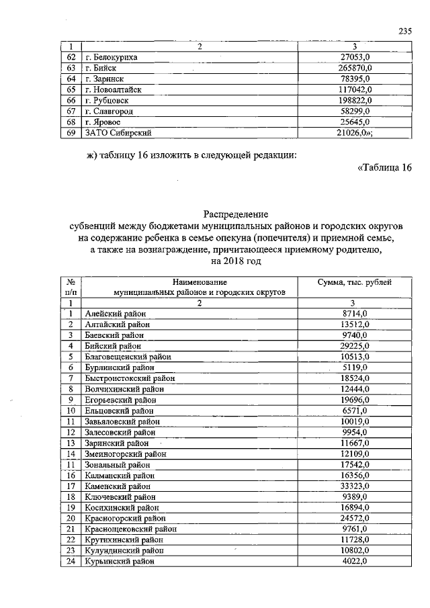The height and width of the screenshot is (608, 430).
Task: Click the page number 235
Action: [404, 32]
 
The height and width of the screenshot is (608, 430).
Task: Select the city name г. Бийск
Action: [101, 68]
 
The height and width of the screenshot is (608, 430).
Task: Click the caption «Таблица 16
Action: [380, 167]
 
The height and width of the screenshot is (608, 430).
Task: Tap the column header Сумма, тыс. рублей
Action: [354, 282]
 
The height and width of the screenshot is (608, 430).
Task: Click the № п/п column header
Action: [70, 288]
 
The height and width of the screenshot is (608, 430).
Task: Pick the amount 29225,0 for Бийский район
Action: [354, 346]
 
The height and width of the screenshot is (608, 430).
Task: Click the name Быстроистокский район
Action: [130, 378]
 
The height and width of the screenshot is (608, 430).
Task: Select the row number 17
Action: [70, 485]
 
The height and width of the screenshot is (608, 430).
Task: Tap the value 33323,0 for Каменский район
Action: [354, 485]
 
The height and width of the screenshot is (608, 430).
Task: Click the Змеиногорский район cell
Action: [125, 453]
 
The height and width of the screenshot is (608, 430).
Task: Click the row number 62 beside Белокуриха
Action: [70, 57]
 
